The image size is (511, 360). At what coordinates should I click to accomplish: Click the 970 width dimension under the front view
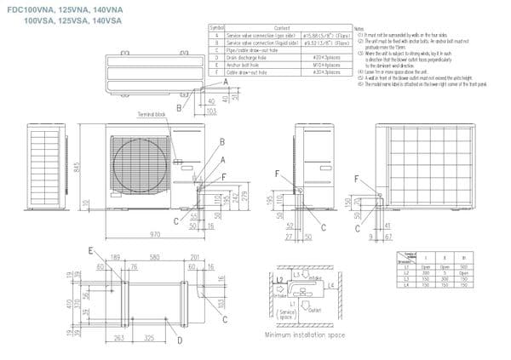155,233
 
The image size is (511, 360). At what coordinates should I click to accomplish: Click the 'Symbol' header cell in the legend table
216,27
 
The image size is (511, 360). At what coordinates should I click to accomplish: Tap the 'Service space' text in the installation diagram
287,315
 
